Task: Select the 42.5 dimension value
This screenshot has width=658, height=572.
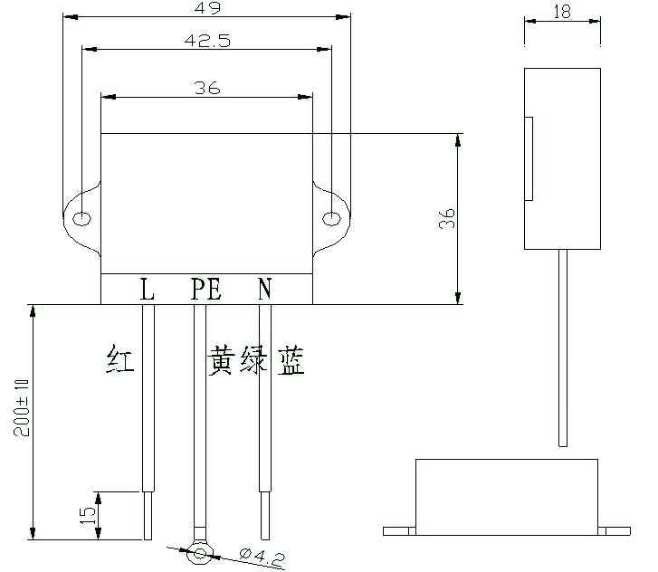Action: [x=205, y=40]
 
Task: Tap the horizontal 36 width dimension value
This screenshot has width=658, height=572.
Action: [x=207, y=87]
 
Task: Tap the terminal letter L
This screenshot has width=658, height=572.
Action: [x=148, y=290]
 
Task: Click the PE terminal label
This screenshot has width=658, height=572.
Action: [x=205, y=290]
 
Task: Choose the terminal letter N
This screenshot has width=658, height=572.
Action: [x=264, y=290]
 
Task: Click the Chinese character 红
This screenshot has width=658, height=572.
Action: [x=119, y=361]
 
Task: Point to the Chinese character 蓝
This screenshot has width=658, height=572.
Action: [x=289, y=361]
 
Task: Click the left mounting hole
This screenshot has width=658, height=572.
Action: [x=81, y=218]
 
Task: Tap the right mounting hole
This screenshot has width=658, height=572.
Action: [x=331, y=217]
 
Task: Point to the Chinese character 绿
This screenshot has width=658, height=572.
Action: [x=255, y=361]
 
